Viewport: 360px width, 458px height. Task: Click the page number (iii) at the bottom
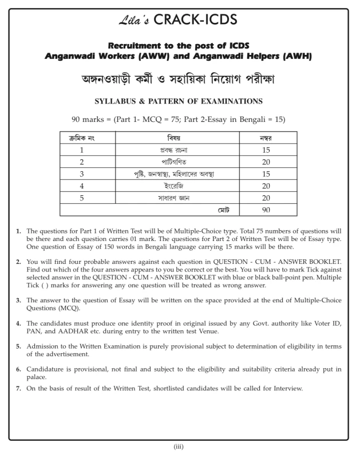click(179, 448)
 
